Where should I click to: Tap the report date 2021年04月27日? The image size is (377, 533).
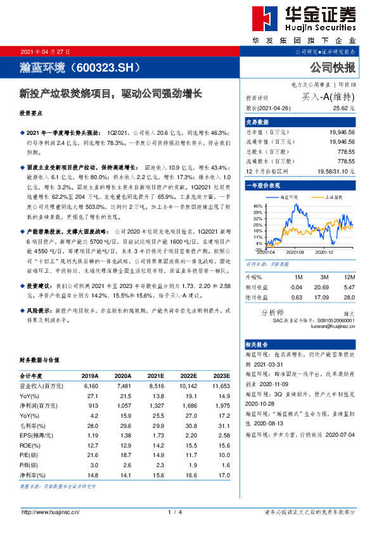(x=46, y=51)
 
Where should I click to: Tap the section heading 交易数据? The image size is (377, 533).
(x=257, y=122)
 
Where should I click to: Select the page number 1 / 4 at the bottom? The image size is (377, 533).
(x=176, y=512)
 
